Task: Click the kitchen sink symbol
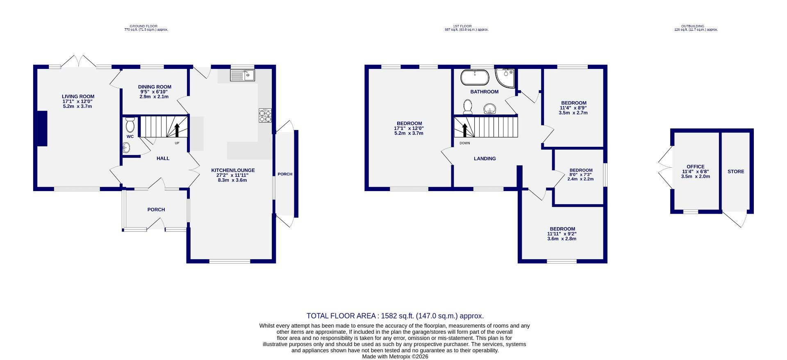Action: (242, 75)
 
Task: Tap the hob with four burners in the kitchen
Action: (265, 116)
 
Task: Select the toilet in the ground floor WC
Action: (130, 124)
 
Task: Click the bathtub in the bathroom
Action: (475, 77)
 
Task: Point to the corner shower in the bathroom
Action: (504, 77)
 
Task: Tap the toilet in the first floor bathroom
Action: (467, 107)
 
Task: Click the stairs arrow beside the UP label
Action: (177, 130)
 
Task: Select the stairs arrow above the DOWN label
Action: (465, 130)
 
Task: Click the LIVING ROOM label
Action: (78, 97)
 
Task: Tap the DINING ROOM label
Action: (155, 87)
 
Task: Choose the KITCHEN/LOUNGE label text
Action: (233, 170)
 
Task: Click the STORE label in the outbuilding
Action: (736, 171)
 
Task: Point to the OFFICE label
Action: (696, 167)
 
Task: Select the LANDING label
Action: (484, 159)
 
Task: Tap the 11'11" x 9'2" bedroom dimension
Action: (562, 234)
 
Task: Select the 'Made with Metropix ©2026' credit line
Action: (395, 357)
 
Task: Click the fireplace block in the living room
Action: (42, 128)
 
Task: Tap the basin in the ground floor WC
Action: (127, 147)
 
